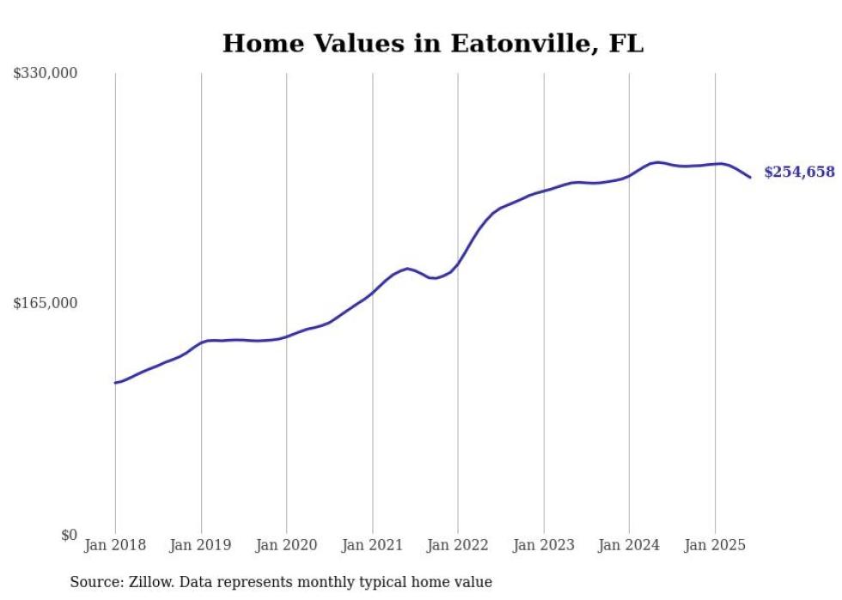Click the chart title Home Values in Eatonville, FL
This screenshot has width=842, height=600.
[432, 44]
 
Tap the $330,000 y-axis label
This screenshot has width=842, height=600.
[46, 74]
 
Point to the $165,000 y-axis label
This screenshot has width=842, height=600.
[46, 303]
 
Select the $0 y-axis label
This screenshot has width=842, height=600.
[69, 535]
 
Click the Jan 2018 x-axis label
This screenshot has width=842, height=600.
[115, 545]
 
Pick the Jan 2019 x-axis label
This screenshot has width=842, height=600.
[201, 545]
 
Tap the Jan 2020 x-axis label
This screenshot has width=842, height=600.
[286, 545]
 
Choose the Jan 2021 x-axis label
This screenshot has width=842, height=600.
[372, 545]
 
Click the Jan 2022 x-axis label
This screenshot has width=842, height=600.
[458, 545]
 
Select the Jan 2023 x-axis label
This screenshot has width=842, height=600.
[543, 545]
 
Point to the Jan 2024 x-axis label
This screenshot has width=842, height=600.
[629, 545]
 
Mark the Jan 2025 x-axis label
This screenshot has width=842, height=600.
[715, 545]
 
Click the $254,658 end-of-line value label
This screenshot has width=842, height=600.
[799, 173]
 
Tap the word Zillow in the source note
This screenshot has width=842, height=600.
[150, 583]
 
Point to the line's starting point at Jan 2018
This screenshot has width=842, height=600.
[115, 383]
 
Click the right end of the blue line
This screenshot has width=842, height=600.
[750, 178]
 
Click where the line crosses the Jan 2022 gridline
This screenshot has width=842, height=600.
[458, 264]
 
